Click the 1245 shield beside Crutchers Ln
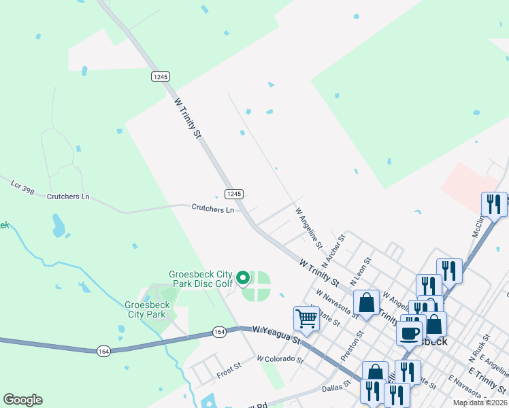tap(234, 194)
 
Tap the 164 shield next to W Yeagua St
tap(218, 332)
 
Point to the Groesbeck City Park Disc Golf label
tap(201, 279)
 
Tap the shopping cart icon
tap(306, 318)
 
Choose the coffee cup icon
tap(410, 333)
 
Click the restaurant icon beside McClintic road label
tap(494, 204)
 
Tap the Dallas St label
tap(337, 384)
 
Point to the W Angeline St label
tap(308, 226)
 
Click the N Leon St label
tap(360, 271)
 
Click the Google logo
tap(22, 400)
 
